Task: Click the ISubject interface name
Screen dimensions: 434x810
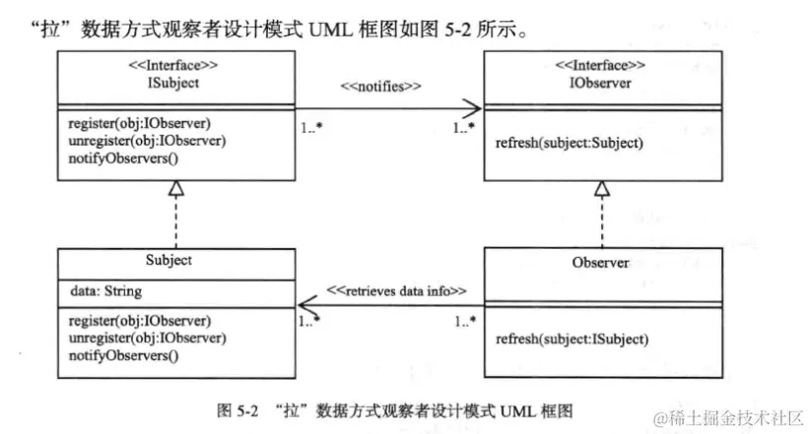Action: pos(174,83)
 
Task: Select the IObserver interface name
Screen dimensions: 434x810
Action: pos(601,83)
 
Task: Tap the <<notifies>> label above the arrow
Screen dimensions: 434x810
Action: pos(381,87)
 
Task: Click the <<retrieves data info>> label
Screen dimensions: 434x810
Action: pos(396,291)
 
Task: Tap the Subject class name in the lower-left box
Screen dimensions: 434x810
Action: pos(174,261)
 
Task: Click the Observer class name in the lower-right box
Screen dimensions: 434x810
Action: pos(601,263)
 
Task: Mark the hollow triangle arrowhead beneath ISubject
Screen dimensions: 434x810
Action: pos(174,187)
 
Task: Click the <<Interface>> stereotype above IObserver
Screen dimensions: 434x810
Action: pos(601,66)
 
